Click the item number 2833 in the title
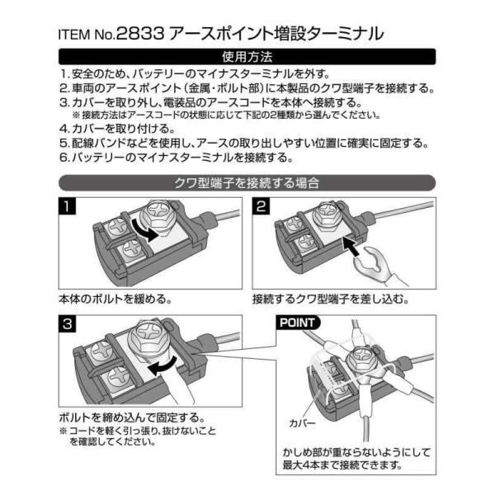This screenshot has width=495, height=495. (x=140, y=34)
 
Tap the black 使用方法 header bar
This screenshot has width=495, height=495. (x=247, y=57)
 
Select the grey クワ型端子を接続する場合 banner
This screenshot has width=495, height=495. (x=247, y=183)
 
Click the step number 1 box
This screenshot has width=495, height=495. (x=68, y=206)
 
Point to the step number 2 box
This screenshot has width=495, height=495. (x=261, y=206)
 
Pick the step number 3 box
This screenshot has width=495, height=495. (x=68, y=323)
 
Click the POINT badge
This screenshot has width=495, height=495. (x=298, y=323)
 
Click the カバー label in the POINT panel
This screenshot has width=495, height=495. (x=302, y=422)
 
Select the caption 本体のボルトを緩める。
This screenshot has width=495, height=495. (x=115, y=299)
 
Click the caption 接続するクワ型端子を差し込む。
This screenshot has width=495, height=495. (x=331, y=299)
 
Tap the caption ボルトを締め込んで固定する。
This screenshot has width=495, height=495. (x=132, y=417)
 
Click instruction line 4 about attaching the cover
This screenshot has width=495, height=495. (x=117, y=129)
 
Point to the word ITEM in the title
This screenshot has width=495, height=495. (x=74, y=35)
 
